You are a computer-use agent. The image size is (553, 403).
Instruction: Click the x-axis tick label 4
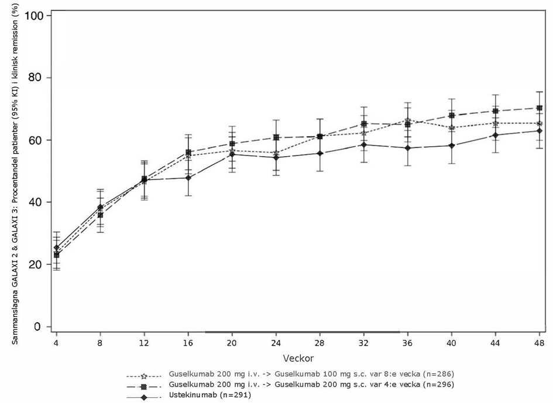pos(56,342)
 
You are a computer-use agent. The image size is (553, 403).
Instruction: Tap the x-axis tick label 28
pos(320,342)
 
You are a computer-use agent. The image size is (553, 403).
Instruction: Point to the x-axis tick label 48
pos(539,342)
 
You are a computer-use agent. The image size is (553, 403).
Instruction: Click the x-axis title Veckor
pos(297,356)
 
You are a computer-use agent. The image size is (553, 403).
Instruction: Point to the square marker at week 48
pos(539,108)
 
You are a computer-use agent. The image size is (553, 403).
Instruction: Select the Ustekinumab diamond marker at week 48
pos(539,130)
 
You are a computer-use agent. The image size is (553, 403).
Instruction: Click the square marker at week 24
pos(276,137)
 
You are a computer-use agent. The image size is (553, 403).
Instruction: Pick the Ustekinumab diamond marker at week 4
pos(56,247)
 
